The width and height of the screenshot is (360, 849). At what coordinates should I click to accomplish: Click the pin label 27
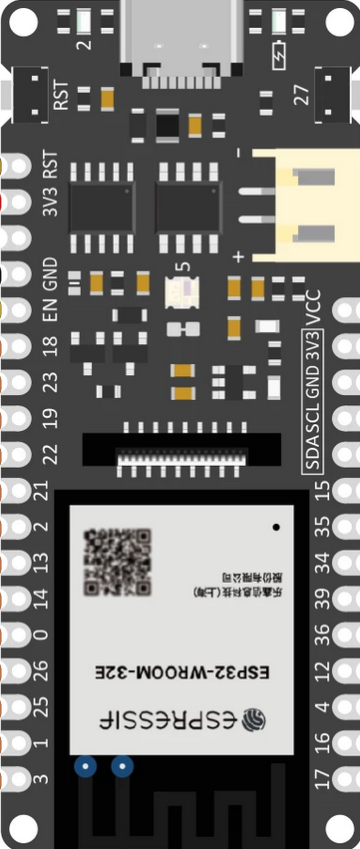pos(300,96)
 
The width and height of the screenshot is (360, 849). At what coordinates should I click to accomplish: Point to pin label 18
pos(50,346)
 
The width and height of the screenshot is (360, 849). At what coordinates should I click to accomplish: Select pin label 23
pos(50,382)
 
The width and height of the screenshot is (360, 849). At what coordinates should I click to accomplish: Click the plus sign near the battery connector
pos(238,257)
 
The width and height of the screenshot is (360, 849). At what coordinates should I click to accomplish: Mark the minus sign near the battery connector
pos(238,155)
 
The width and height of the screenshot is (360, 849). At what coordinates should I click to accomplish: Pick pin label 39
pos(321,599)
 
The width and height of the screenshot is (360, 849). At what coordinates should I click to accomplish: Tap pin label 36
pos(321,635)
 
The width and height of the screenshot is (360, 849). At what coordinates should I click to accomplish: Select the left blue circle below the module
pos(86,766)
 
